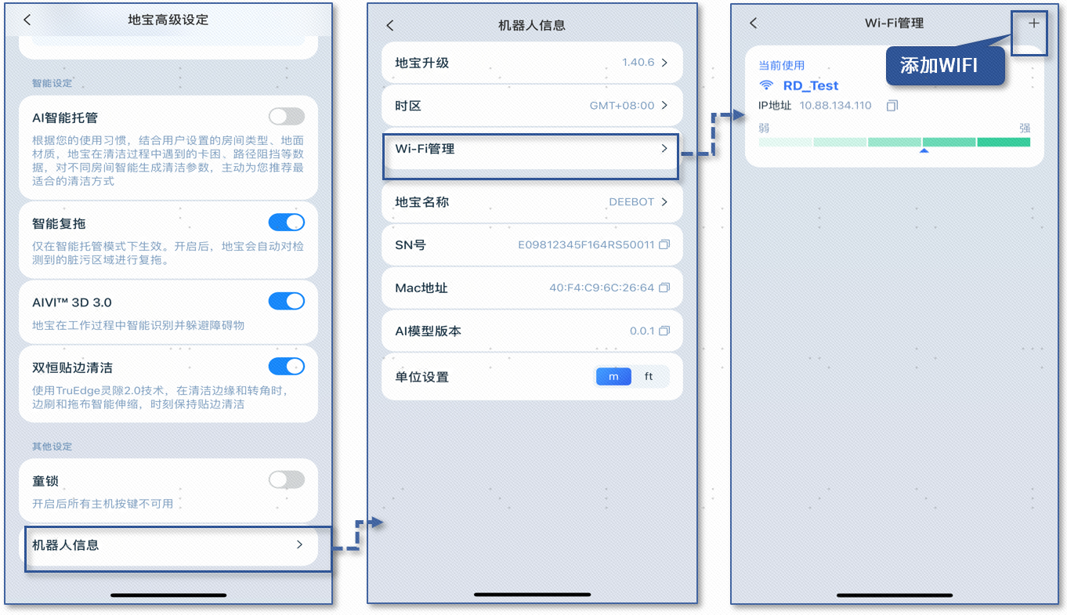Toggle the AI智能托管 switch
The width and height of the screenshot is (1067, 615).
pyautogui.click(x=286, y=117)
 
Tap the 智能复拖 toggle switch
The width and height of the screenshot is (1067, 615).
pyautogui.click(x=286, y=222)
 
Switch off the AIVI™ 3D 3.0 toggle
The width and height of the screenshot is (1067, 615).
pyautogui.click(x=286, y=301)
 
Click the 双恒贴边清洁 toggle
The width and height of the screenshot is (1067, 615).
pyautogui.click(x=286, y=366)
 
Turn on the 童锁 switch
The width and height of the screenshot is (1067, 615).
pyautogui.click(x=286, y=479)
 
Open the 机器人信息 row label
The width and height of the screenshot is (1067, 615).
pyautogui.click(x=66, y=545)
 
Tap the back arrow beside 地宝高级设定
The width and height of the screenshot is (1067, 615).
pyautogui.click(x=27, y=20)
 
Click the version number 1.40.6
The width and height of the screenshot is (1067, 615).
pyautogui.click(x=638, y=63)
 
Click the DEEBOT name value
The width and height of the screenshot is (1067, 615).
pyautogui.click(x=631, y=202)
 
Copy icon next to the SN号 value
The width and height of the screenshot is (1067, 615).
pyautogui.click(x=664, y=245)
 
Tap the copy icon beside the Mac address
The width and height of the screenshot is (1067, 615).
pyautogui.click(x=664, y=288)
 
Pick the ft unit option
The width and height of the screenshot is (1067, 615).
pyautogui.click(x=649, y=377)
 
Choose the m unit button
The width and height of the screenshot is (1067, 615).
pyautogui.click(x=613, y=377)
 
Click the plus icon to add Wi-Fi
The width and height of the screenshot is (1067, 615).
pyautogui.click(x=1034, y=24)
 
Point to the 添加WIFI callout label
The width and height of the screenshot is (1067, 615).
pyautogui.click(x=939, y=66)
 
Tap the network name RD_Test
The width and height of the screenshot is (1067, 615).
pyautogui.click(x=811, y=86)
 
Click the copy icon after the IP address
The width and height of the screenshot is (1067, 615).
pyautogui.click(x=892, y=106)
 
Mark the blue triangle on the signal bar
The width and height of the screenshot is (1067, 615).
pyautogui.click(x=924, y=150)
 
